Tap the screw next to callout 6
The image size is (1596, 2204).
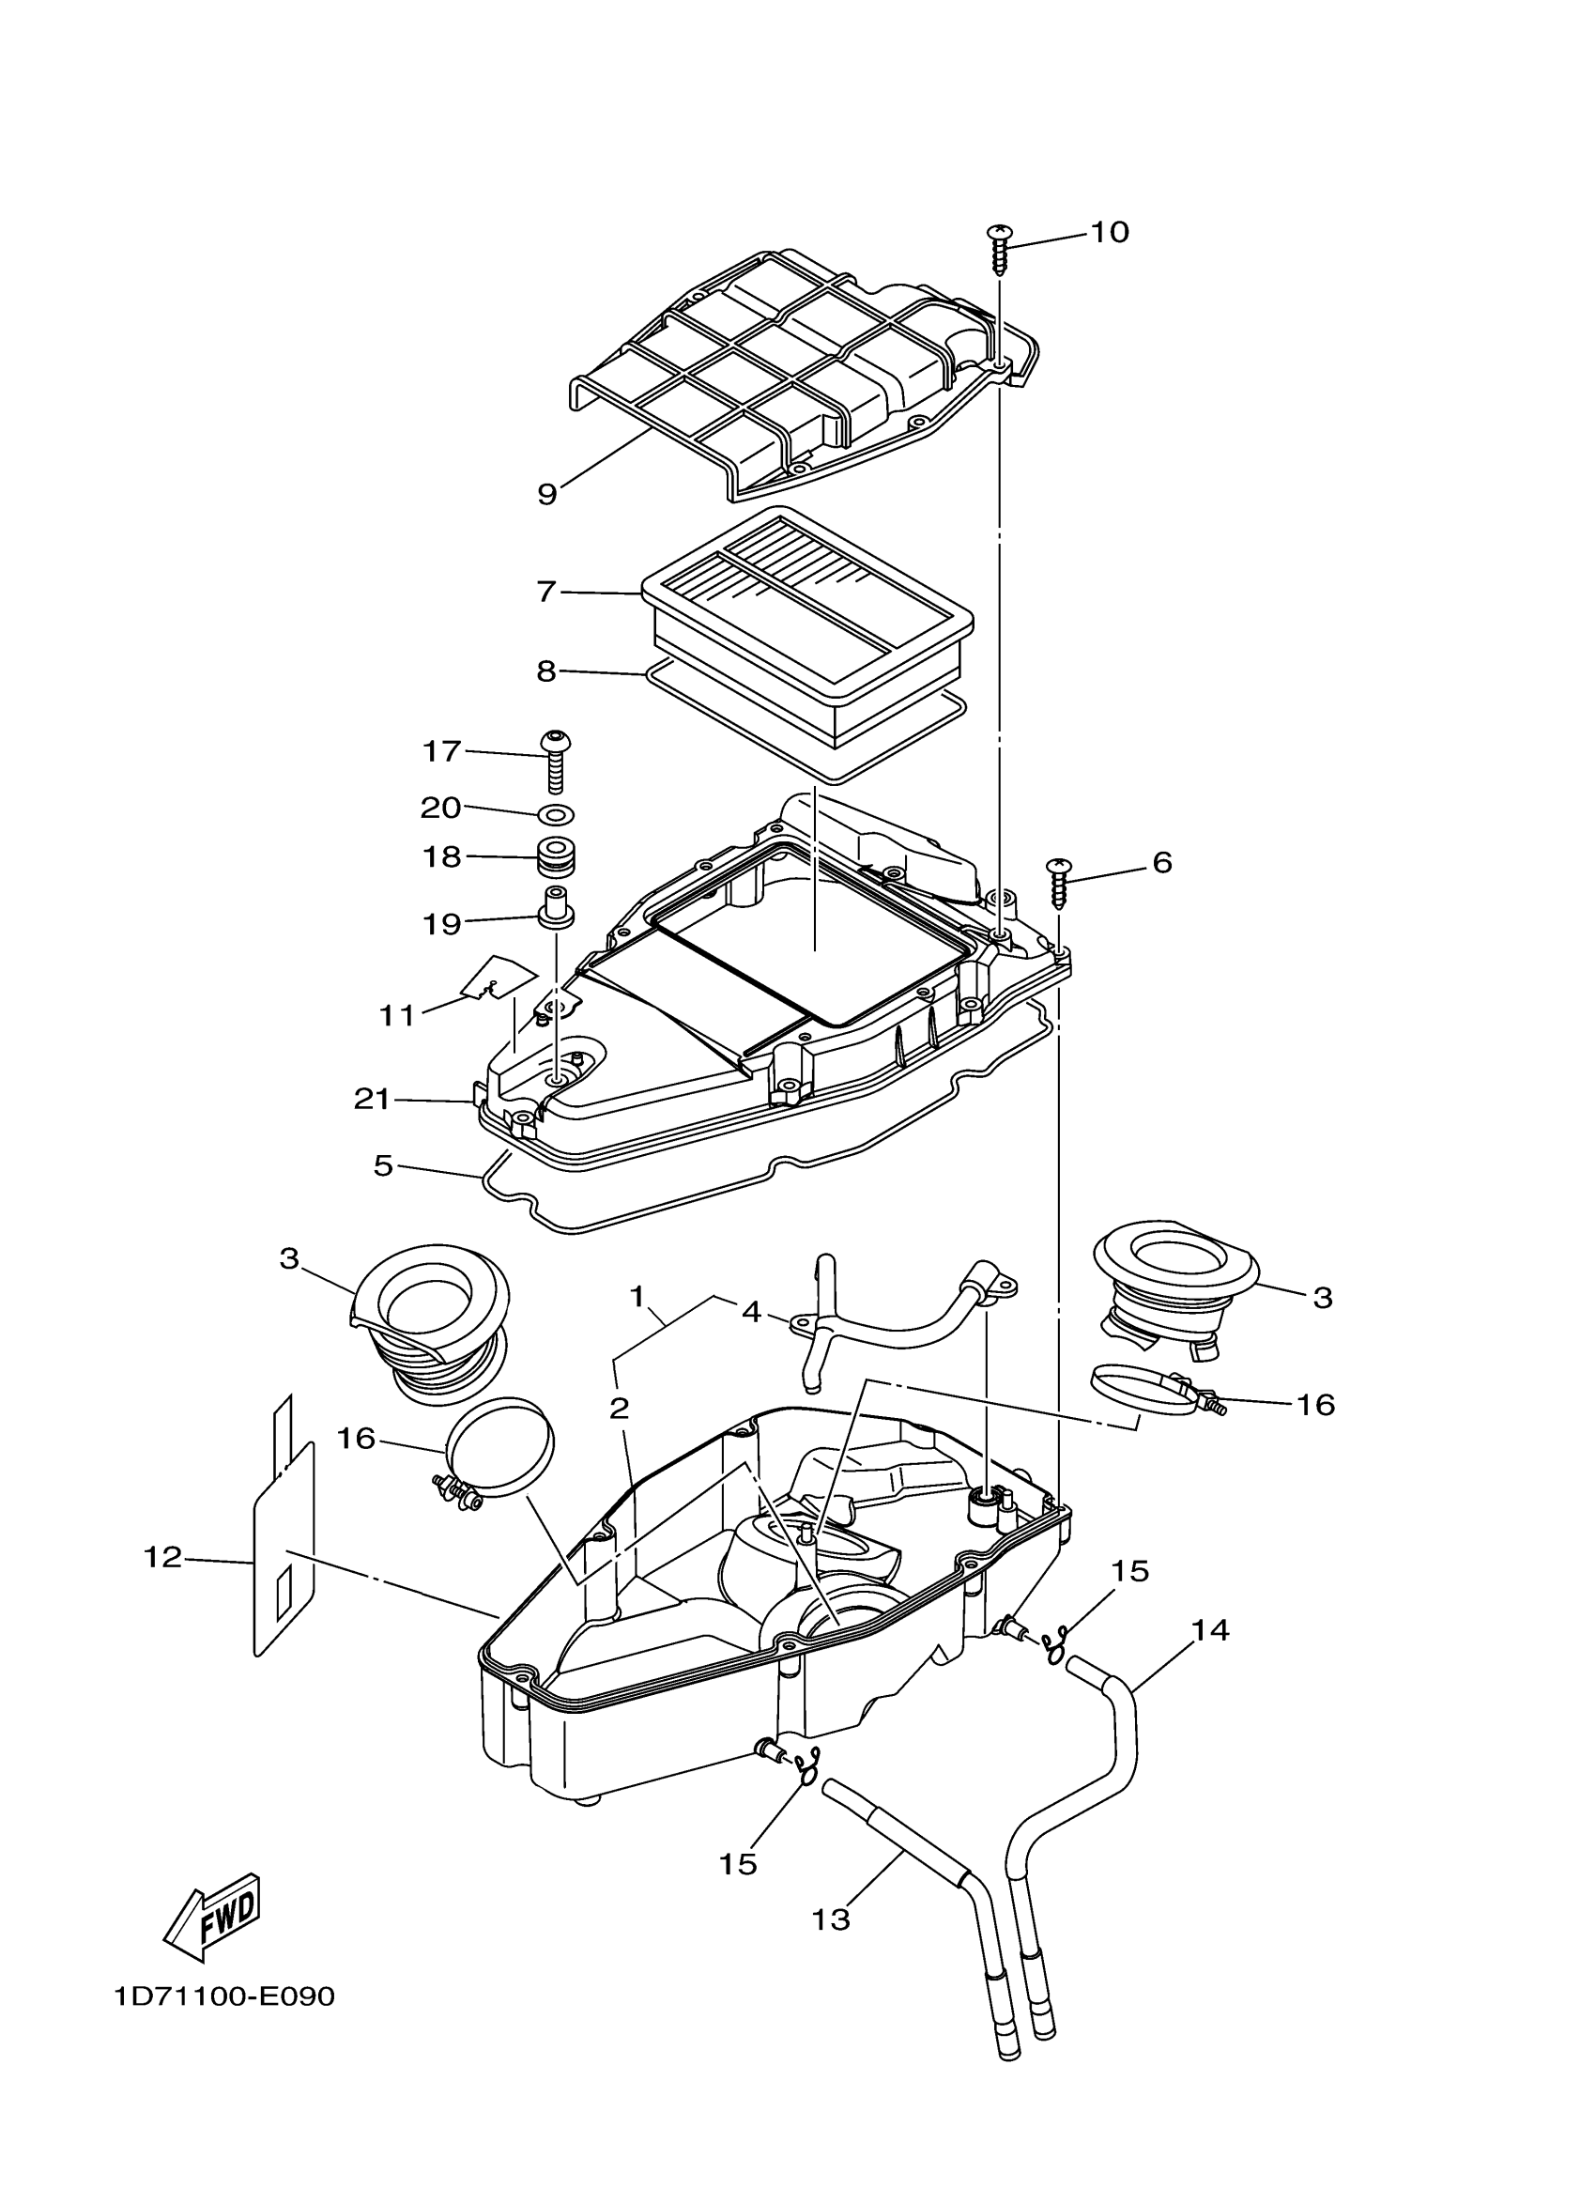click(1057, 882)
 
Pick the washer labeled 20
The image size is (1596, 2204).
click(555, 812)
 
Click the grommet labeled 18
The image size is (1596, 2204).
click(557, 858)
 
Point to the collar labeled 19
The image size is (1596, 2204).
click(555, 910)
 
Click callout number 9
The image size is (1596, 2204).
click(547, 494)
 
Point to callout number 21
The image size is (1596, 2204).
click(371, 1099)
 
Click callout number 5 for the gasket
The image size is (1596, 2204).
click(383, 1165)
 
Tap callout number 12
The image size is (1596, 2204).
click(162, 1557)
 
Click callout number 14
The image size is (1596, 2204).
click(1210, 1629)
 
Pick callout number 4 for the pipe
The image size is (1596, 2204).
click(751, 1312)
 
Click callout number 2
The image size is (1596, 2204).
click(620, 1408)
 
